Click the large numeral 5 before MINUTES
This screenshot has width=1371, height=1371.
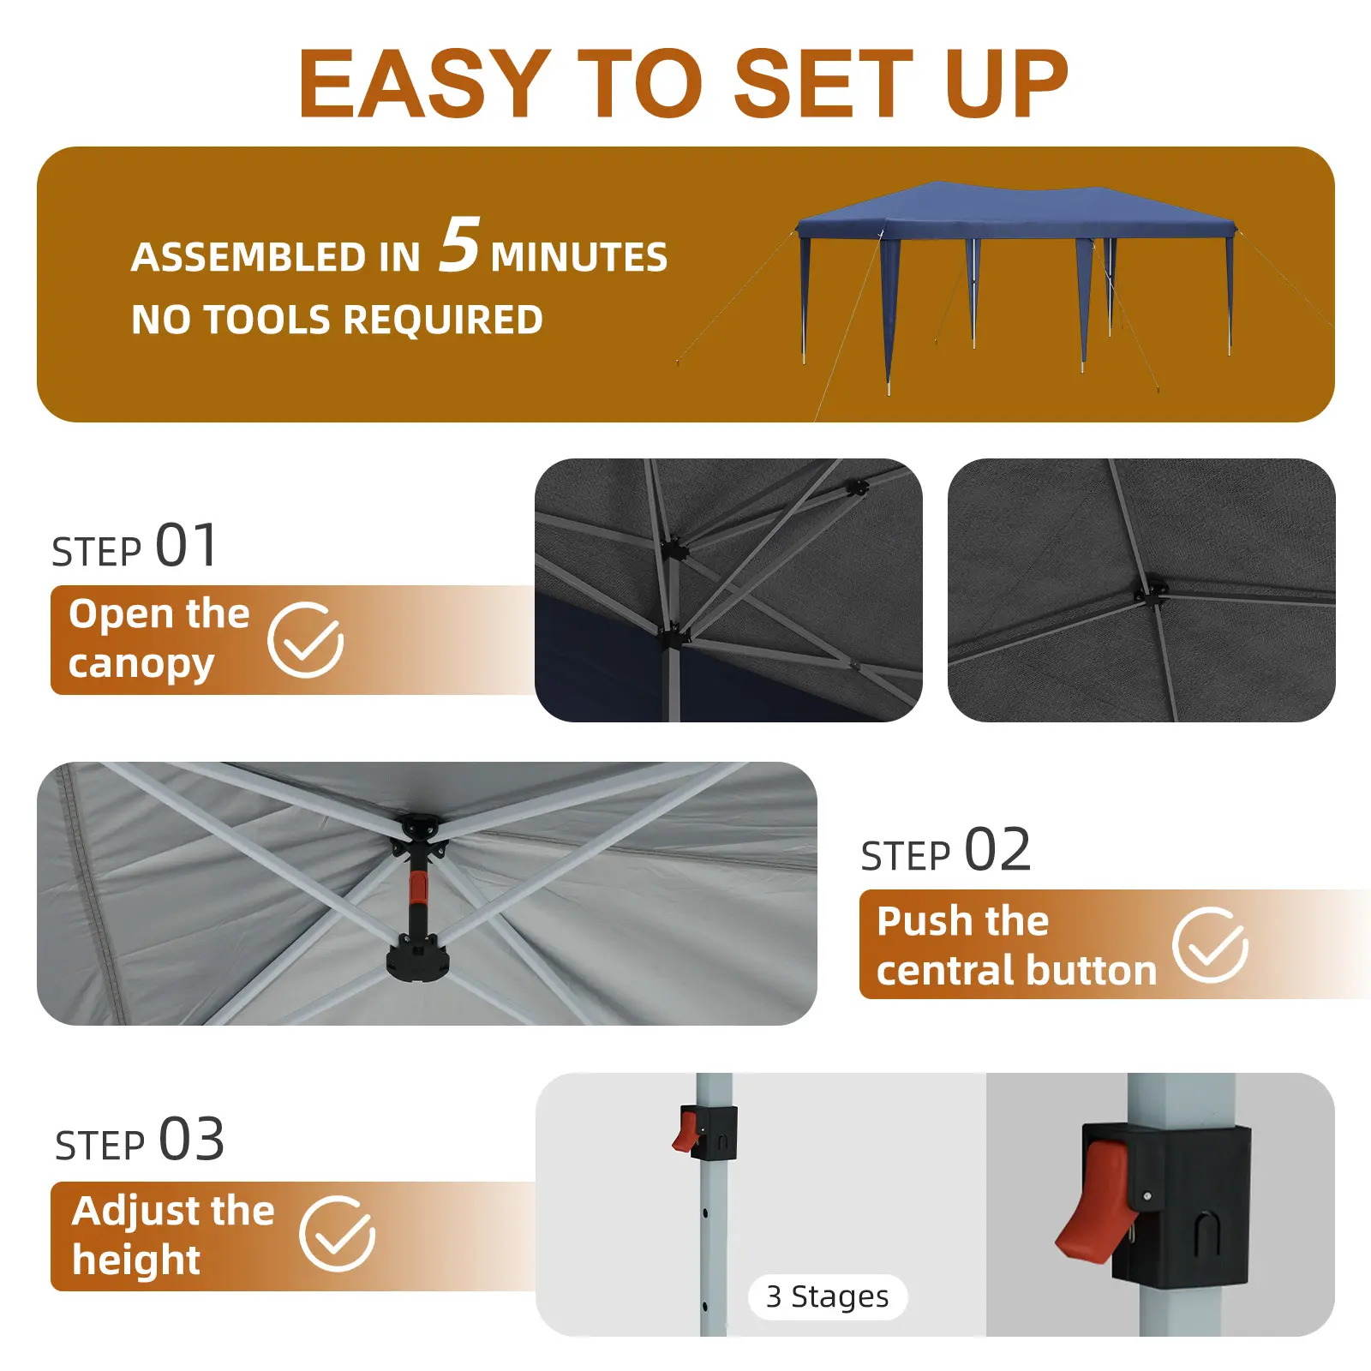click(x=459, y=244)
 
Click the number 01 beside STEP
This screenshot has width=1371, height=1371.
click(x=187, y=545)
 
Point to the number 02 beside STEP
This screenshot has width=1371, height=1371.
click(x=997, y=849)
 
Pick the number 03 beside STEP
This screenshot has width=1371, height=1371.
click(x=192, y=1139)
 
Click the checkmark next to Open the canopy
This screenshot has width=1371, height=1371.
click(x=306, y=639)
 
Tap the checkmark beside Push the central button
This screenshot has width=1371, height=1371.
click(x=1211, y=944)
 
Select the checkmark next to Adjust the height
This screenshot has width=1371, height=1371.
click(x=338, y=1234)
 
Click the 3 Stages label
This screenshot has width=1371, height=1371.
click(x=827, y=1296)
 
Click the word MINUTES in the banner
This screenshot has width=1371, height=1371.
click(x=579, y=257)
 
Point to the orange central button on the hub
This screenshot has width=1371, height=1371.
click(x=417, y=888)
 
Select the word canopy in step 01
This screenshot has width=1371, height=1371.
click(x=141, y=665)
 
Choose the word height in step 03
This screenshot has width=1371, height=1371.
click(x=136, y=1260)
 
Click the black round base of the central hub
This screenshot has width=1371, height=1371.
click(x=417, y=959)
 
